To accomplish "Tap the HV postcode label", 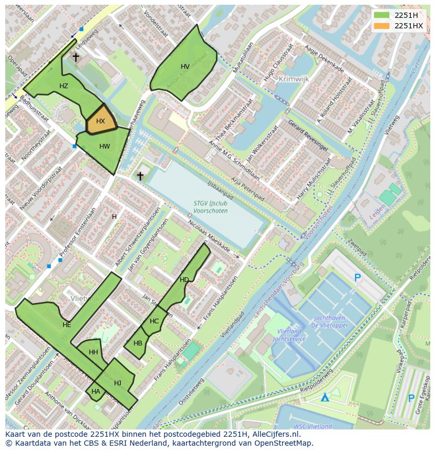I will (185, 67).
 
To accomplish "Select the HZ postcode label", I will (64, 86).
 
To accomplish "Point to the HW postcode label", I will (105, 146).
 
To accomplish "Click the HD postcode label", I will (184, 280).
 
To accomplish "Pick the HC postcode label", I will (154, 321).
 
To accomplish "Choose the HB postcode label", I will (138, 343).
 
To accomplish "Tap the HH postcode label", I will (94, 352).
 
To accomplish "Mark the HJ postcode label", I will (118, 383).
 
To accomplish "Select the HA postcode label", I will (96, 391).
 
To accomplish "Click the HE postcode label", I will (67, 325).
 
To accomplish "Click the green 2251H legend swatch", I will (382, 15).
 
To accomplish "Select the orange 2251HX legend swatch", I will (382, 26).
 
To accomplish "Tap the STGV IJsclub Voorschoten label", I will (211, 207).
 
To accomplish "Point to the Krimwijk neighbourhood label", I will (294, 78).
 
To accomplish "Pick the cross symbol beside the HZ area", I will (76, 57).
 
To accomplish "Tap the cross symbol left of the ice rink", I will (140, 175).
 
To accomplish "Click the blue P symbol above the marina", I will (358, 278).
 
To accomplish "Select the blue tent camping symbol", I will (325, 397).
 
